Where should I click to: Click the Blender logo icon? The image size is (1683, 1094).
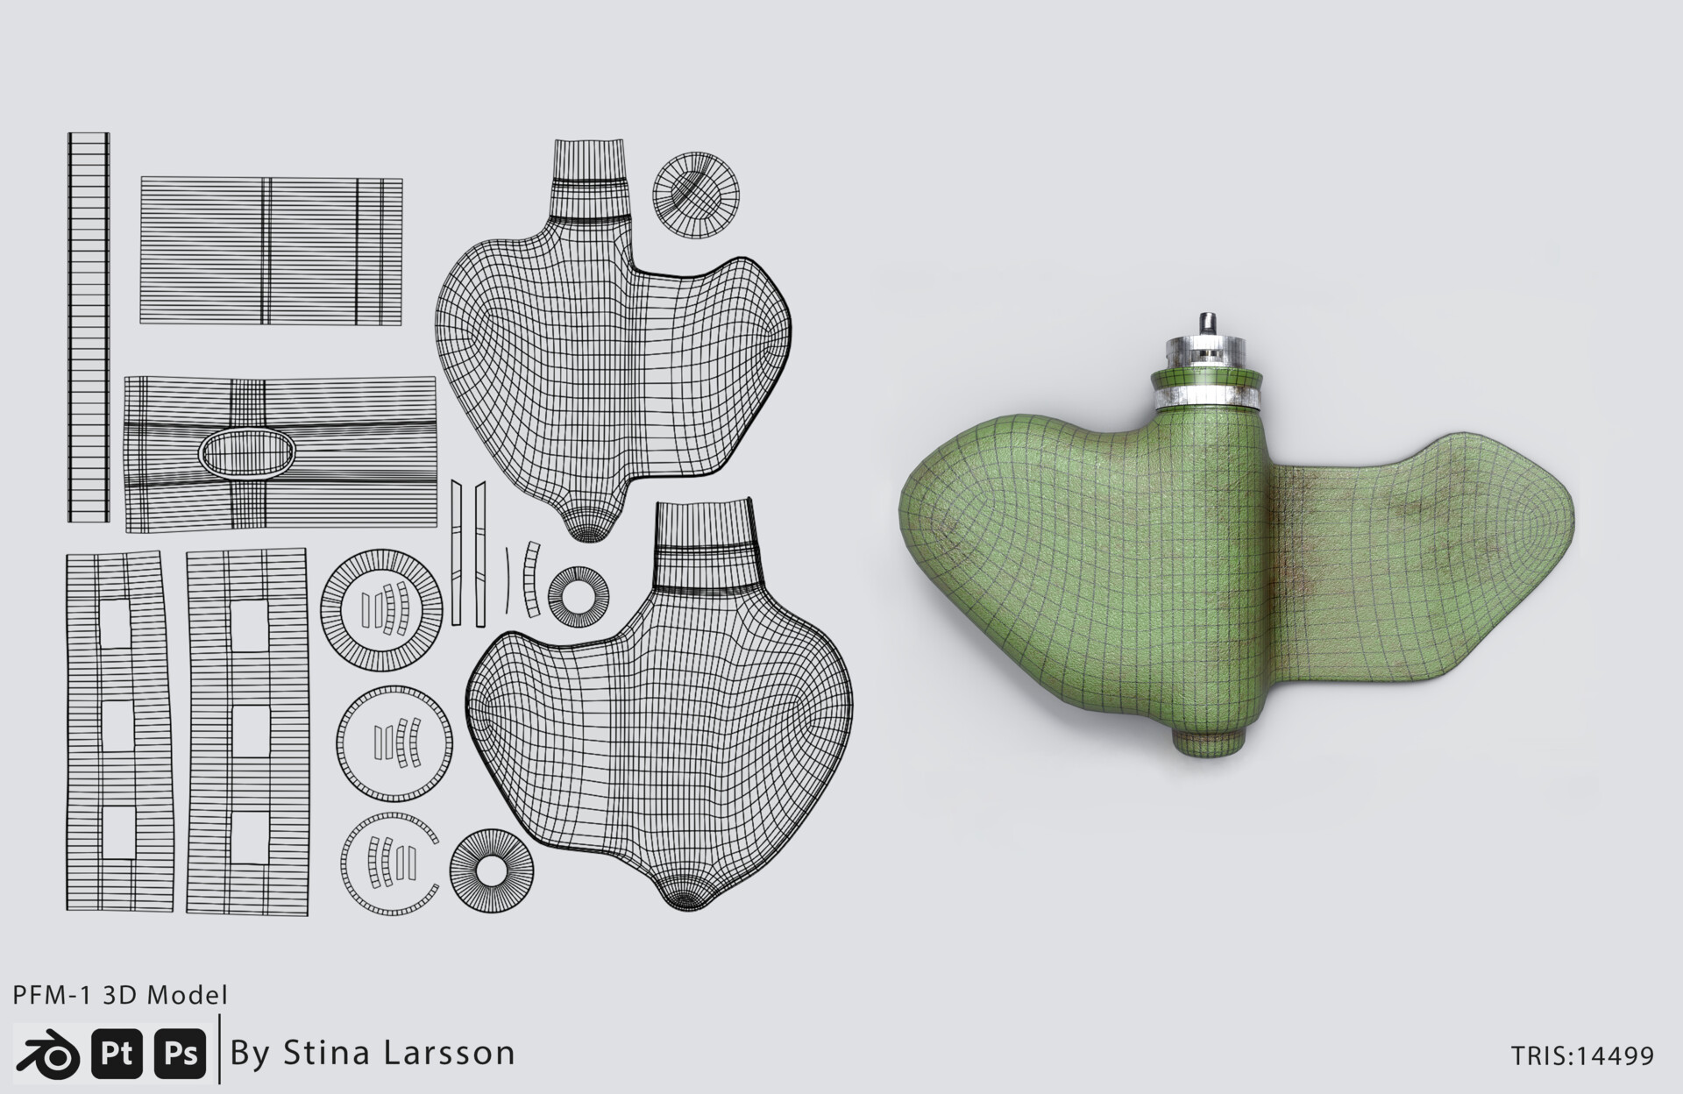49,1053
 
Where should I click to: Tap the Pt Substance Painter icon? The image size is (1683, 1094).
117,1053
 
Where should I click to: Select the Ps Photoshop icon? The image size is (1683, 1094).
181,1053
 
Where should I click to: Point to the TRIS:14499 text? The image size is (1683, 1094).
1582,1055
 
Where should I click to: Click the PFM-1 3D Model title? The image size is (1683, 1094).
120,995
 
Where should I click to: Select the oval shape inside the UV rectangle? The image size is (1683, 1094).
246,451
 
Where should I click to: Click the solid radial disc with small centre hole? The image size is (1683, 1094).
491,870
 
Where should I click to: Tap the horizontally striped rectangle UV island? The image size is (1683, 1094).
271,251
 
